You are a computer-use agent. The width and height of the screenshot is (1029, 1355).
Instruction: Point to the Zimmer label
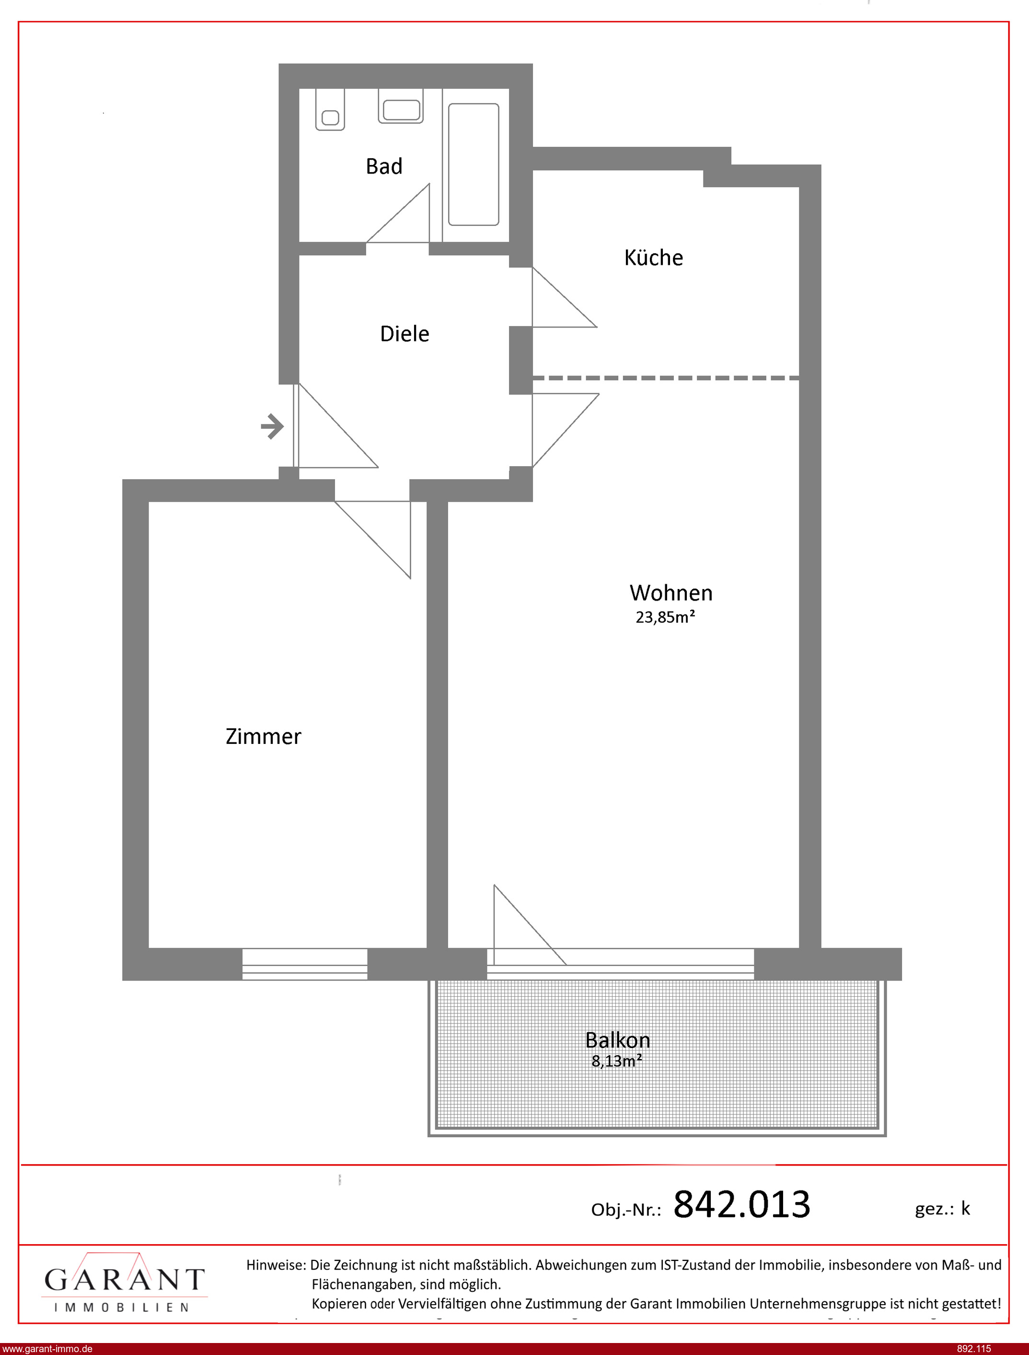pos(264,736)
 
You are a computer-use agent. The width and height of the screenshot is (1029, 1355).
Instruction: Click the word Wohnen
pos(671,593)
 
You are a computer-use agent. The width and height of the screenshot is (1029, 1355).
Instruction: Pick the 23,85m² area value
pos(665,617)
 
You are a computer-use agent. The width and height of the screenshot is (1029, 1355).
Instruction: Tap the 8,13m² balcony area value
pos(617,1061)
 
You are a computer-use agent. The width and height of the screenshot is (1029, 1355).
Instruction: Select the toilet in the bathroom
pos(330,110)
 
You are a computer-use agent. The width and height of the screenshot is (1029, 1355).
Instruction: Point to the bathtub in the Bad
pos(474,164)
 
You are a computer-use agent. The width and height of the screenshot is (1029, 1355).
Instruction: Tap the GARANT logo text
pos(124,1280)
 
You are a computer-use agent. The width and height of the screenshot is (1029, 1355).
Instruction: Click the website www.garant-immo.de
pos(47,1349)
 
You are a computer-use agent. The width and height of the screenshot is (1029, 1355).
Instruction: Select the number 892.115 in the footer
pos(974,1349)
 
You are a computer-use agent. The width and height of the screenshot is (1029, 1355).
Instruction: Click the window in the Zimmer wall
pos(304,964)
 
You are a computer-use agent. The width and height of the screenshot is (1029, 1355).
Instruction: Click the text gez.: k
pos(942,1209)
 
